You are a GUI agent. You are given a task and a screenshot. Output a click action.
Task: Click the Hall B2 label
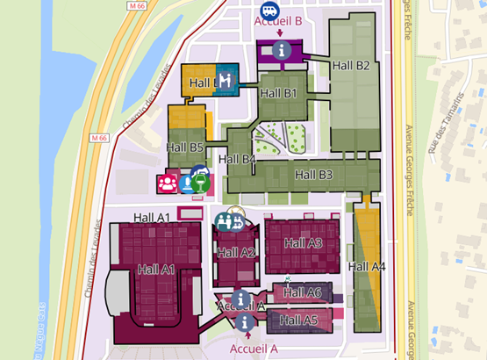(350, 65)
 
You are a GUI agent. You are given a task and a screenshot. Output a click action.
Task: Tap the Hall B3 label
(314, 175)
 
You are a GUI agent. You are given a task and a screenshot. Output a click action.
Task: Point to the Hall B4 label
(237, 159)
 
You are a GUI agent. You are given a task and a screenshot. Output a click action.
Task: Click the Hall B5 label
(184, 147)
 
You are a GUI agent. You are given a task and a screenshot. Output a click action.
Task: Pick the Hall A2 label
(235, 253)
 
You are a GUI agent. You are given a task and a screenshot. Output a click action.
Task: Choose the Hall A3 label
(304, 242)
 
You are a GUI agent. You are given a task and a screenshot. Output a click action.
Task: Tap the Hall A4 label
(367, 266)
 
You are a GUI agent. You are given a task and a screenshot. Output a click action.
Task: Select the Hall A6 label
(303, 292)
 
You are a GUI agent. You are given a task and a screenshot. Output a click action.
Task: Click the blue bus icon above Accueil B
(270, 9)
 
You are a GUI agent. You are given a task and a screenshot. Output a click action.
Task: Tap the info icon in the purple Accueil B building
(281, 50)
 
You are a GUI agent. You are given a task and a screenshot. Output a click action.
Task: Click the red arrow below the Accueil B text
(279, 33)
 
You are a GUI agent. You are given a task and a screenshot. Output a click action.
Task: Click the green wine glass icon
(203, 182)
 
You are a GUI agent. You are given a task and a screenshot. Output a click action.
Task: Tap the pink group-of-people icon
(167, 184)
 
